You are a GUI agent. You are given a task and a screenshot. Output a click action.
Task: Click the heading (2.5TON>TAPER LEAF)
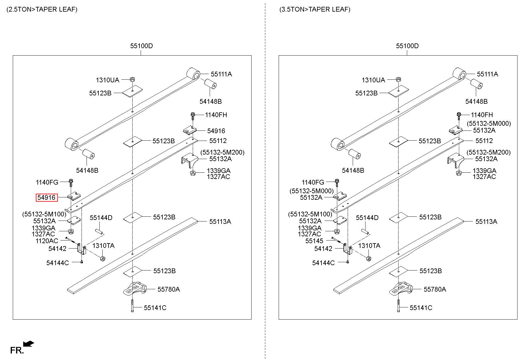click(42, 10)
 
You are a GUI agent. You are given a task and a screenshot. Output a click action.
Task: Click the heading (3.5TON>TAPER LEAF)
click(315, 10)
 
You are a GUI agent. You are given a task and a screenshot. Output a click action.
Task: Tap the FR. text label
click(17, 350)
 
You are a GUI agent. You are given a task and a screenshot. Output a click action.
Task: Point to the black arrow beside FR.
click(29, 344)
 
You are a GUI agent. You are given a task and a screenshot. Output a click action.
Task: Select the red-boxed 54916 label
click(46, 197)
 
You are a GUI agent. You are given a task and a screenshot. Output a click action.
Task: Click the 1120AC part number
click(47, 241)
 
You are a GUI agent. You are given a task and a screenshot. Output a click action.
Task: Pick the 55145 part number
click(314, 241)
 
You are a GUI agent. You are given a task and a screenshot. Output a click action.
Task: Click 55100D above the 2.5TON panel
click(141, 46)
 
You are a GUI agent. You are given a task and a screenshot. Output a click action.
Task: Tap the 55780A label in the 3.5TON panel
click(435, 289)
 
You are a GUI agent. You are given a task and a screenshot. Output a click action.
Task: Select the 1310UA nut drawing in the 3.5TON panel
click(398, 79)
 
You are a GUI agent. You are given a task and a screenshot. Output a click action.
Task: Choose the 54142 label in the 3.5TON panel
click(323, 249)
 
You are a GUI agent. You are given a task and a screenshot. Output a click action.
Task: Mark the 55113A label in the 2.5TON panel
click(220, 221)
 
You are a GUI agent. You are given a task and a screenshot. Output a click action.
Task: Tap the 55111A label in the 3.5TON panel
click(487, 74)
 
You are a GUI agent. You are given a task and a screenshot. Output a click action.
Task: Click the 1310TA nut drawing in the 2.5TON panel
click(102, 258)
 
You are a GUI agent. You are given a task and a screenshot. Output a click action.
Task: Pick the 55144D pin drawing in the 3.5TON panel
click(365, 231)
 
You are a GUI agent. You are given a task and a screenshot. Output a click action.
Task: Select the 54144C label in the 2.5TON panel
click(57, 263)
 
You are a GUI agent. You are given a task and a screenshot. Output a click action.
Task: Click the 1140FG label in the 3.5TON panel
click(313, 182)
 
